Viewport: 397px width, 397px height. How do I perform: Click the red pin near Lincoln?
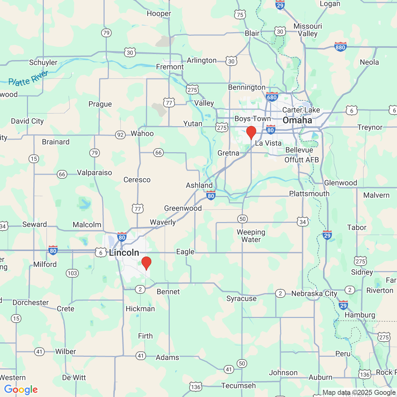[146, 263]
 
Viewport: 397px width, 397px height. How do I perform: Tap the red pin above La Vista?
[251, 132]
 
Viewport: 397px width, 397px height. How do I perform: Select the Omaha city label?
[297, 120]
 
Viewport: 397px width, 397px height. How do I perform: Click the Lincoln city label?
[124, 252]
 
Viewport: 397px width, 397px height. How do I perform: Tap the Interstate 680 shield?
[272, 97]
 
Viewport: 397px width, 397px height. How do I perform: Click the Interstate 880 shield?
[340, 47]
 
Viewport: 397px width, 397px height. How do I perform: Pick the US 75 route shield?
[240, 15]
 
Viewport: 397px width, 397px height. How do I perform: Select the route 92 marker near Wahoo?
[120, 135]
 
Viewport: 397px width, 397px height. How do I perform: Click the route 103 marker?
[72, 273]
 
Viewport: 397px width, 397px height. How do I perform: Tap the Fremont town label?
[170, 67]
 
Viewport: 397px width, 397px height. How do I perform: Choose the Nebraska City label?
[314, 293]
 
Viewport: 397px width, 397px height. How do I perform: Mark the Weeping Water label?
[251, 236]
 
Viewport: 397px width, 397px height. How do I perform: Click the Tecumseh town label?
[238, 386]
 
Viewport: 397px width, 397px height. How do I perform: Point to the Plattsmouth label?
[309, 194]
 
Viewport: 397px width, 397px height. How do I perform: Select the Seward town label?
[34, 224]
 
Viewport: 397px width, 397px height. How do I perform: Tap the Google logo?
[21, 390]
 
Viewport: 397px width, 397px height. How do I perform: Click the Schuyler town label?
[43, 62]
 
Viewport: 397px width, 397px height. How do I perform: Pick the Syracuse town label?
[241, 298]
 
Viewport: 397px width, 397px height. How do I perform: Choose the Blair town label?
[252, 33]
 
